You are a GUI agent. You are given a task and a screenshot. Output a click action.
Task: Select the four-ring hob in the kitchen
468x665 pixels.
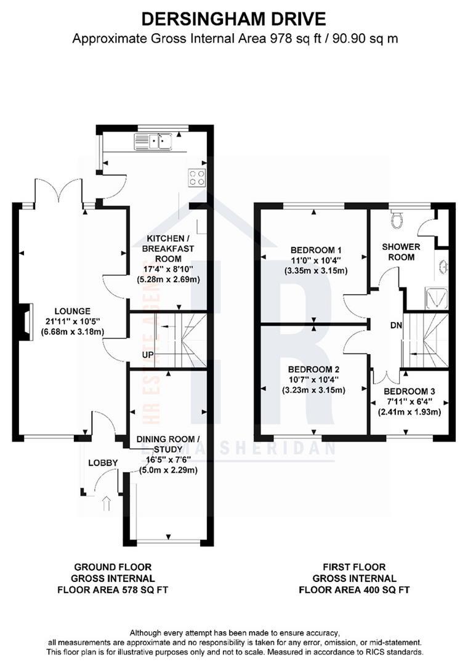pos(197,177)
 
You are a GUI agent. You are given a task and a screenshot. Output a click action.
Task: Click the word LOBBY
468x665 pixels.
pos(102,462)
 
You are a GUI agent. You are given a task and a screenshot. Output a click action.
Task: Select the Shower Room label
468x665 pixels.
pos(401,252)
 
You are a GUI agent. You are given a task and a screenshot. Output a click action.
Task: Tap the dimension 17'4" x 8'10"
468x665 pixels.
pos(169,268)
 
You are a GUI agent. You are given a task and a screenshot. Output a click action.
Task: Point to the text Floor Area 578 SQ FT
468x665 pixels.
pos(112,589)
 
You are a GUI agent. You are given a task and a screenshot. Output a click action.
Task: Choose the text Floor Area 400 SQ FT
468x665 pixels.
pos(354,589)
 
